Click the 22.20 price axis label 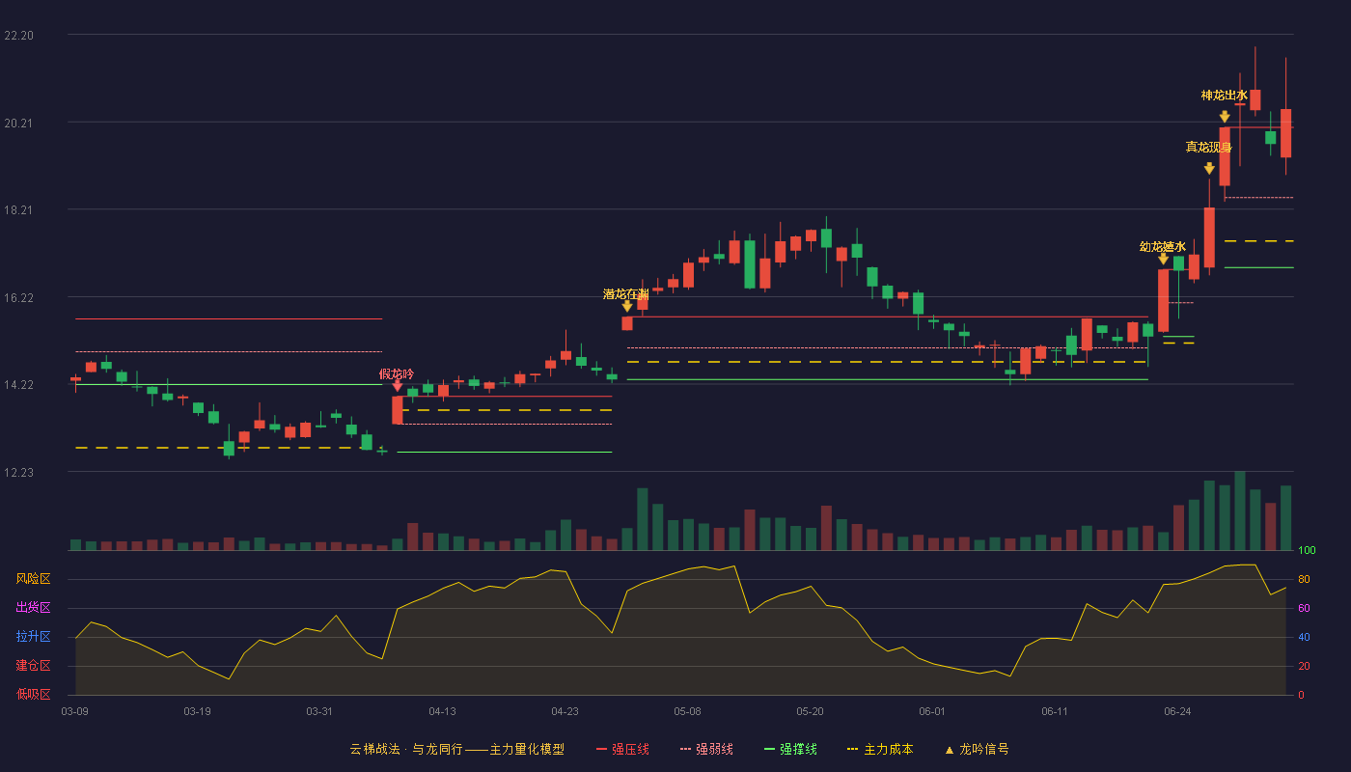point(18,36)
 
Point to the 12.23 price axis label point(18,472)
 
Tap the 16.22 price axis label point(18,298)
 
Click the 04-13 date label point(442,712)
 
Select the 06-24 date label point(1177,712)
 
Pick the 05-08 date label point(687,712)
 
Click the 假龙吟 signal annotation point(397,374)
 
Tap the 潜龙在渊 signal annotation point(626,294)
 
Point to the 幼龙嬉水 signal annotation point(1162,247)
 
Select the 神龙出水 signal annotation point(1224,96)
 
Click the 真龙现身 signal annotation point(1208,147)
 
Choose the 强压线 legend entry point(622,749)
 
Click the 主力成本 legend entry point(880,749)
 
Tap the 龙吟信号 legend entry point(977,749)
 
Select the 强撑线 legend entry point(790,749)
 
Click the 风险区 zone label point(33,579)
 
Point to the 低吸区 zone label point(33,695)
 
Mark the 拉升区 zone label point(33,637)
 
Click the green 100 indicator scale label point(1307,550)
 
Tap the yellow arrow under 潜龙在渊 point(627,307)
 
